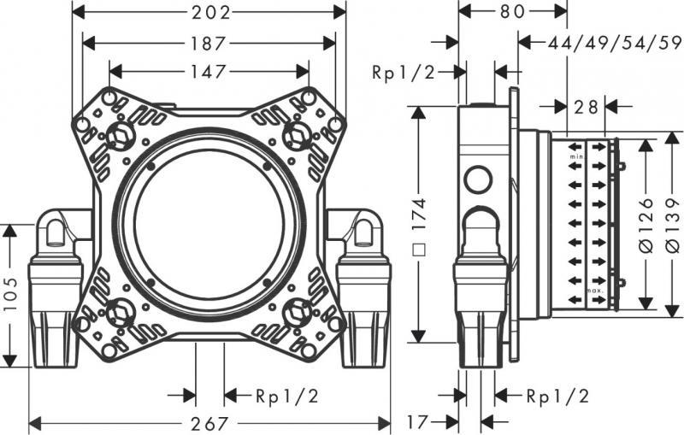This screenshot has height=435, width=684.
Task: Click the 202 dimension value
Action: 209,13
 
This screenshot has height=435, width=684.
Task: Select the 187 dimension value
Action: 209,43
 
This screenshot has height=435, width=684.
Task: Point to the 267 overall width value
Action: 209,422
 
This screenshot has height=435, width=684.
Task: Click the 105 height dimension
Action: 9,295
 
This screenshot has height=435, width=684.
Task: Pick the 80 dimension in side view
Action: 513,13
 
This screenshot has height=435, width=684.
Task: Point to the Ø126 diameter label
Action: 646,224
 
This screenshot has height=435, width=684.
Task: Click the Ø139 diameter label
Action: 672,224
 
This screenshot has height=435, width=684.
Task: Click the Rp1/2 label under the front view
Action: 287,396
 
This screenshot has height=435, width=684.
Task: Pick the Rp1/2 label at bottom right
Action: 557,396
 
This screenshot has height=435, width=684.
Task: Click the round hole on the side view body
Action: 477,181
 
